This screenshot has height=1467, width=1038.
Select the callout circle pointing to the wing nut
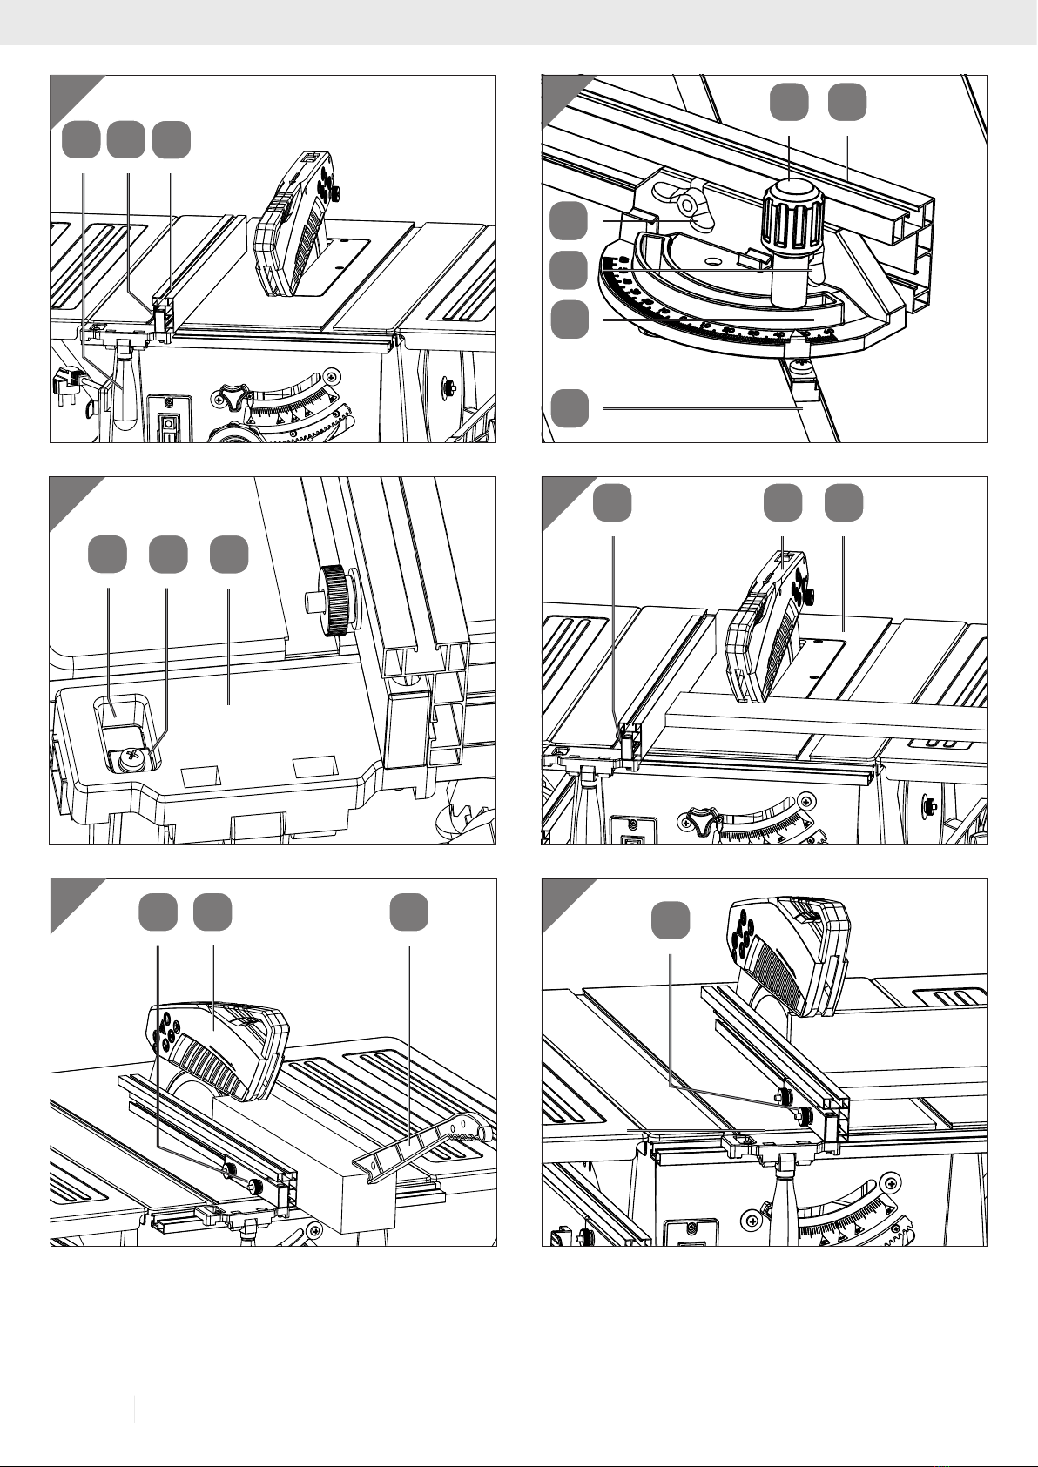coord(570,221)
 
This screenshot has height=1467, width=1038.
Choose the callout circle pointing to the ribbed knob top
coord(789,103)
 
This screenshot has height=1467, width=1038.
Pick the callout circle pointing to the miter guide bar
coord(570,408)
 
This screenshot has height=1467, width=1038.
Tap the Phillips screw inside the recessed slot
coord(131,759)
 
